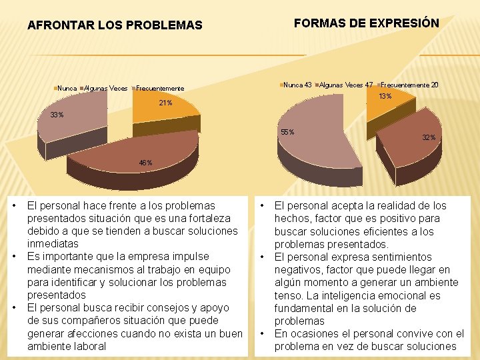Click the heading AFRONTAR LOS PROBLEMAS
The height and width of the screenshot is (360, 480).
pos(114,25)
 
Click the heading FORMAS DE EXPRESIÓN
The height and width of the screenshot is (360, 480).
pos(366,23)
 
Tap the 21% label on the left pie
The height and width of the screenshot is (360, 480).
pos(165,103)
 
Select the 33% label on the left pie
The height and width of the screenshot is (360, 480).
pos(58,115)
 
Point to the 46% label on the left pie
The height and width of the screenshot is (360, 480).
pos(145,163)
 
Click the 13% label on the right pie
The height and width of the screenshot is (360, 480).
pos(385,97)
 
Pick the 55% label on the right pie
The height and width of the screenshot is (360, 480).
pos(288,132)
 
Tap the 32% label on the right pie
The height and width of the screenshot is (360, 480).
pos(429,137)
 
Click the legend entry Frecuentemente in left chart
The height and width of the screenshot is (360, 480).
pos(160,88)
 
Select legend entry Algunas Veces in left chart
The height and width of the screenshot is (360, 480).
pos(105,88)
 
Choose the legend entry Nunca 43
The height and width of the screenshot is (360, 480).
pos(297,85)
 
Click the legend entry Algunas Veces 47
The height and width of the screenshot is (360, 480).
pos(346,85)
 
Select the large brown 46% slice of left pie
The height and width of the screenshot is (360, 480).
pos(133,150)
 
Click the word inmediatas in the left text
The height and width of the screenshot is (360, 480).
pos(53,244)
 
